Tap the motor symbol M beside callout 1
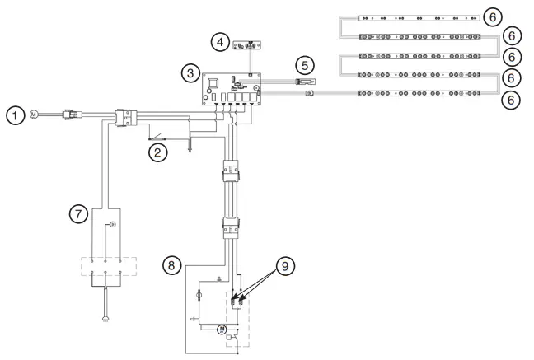tap(34, 113)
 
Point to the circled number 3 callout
tap(190, 75)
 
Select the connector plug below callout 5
tap(309, 93)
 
